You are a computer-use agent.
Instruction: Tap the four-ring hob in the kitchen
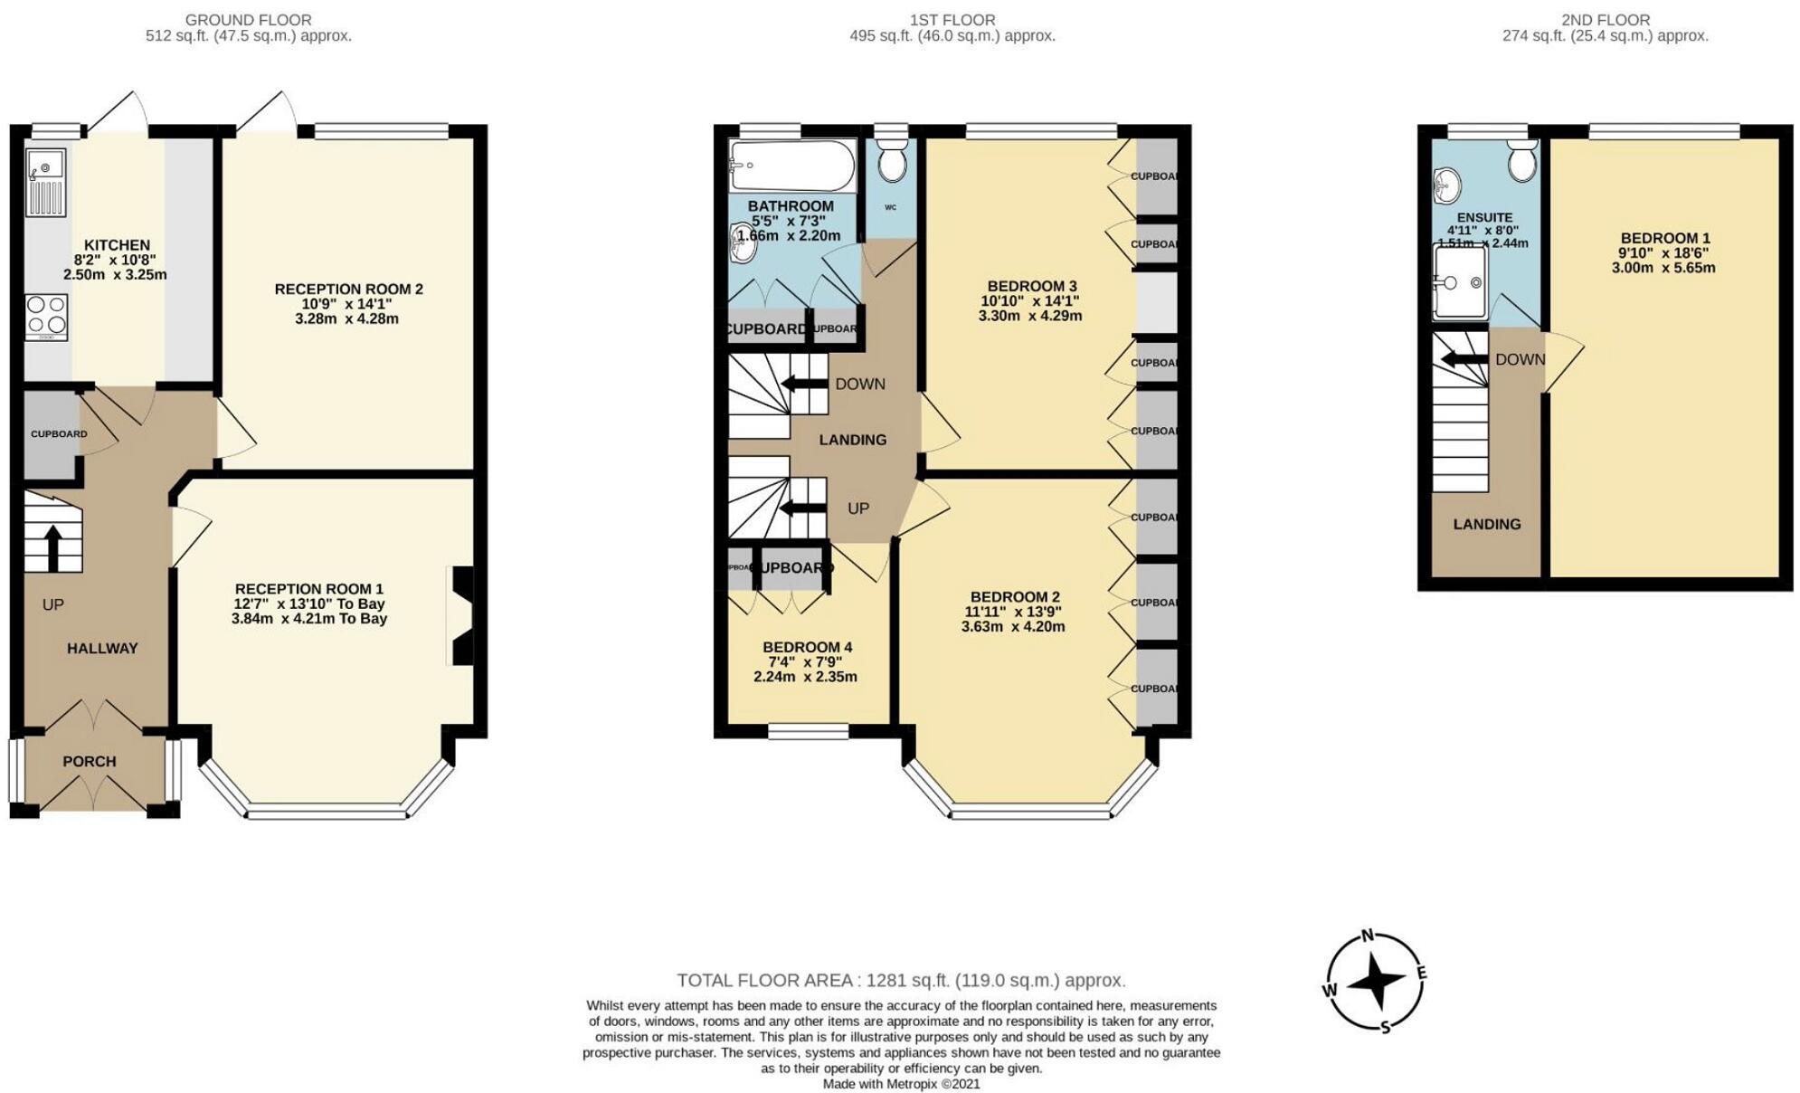pyautogui.click(x=46, y=316)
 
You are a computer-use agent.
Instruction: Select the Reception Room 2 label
pyautogui.click(x=348, y=290)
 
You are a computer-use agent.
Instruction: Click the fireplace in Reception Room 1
pyautogui.click(x=461, y=616)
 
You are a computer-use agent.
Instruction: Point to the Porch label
pyautogui.click(x=90, y=762)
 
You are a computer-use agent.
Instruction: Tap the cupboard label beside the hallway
pyautogui.click(x=59, y=434)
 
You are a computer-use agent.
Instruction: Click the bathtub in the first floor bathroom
pyautogui.click(x=792, y=165)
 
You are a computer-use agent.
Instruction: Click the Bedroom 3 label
pyautogui.click(x=1031, y=287)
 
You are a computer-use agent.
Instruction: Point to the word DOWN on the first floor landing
pyautogui.click(x=860, y=385)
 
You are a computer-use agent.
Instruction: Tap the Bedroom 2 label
pyautogui.click(x=1014, y=597)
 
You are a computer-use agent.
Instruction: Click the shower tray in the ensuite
pyautogui.click(x=1460, y=282)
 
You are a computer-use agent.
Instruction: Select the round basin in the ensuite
pyautogui.click(x=1447, y=186)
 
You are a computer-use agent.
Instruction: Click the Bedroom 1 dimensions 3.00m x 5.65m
pyautogui.click(x=1663, y=268)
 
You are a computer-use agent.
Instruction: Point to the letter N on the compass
pyautogui.click(x=1369, y=936)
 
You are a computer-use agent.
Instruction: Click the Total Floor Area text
pyautogui.click(x=901, y=981)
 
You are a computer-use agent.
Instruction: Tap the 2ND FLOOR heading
pyautogui.click(x=1605, y=20)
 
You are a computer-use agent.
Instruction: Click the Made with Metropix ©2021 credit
pyautogui.click(x=901, y=1084)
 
